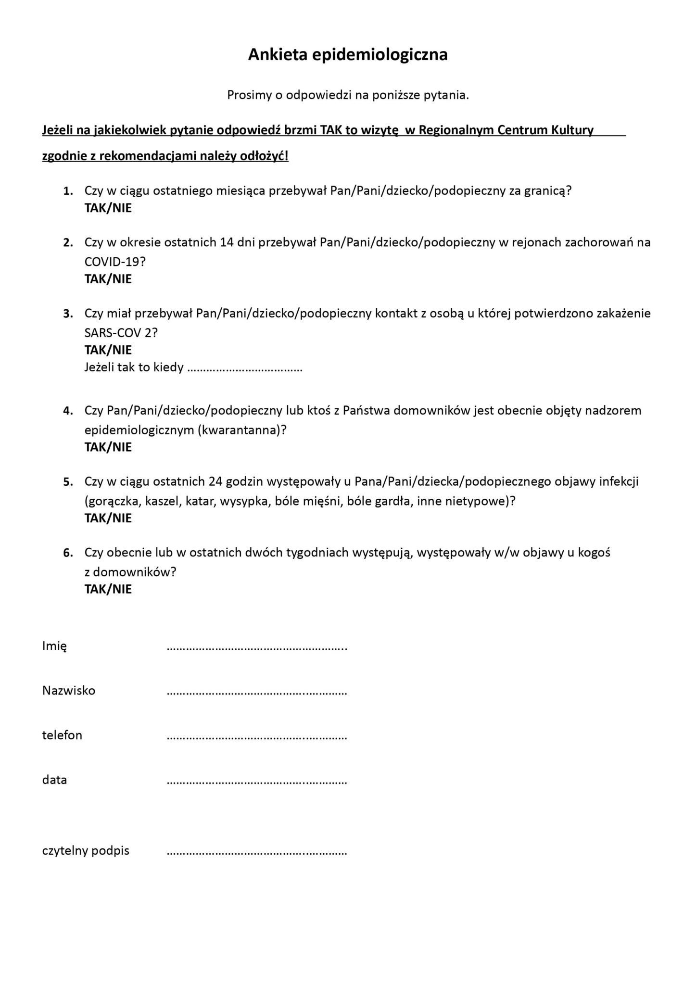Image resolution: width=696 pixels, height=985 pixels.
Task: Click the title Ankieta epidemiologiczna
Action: (348, 55)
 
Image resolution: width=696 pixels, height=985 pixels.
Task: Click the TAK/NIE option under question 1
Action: (108, 208)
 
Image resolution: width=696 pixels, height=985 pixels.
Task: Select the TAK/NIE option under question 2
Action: (108, 279)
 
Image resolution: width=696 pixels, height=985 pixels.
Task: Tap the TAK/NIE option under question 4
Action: (108, 447)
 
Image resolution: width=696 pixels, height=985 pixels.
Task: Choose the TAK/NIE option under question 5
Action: (108, 518)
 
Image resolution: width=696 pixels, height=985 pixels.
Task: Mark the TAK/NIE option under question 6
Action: (108, 589)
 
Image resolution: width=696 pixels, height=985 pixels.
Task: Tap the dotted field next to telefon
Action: (256, 737)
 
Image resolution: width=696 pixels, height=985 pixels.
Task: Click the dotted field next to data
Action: (256, 782)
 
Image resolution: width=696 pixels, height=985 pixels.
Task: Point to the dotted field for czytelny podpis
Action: (256, 853)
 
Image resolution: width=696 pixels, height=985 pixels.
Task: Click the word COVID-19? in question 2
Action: (115, 262)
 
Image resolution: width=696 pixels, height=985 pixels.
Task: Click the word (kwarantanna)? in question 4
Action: (242, 430)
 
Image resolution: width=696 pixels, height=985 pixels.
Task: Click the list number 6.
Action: (68, 553)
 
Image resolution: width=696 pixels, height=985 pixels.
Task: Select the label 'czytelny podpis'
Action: (86, 851)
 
